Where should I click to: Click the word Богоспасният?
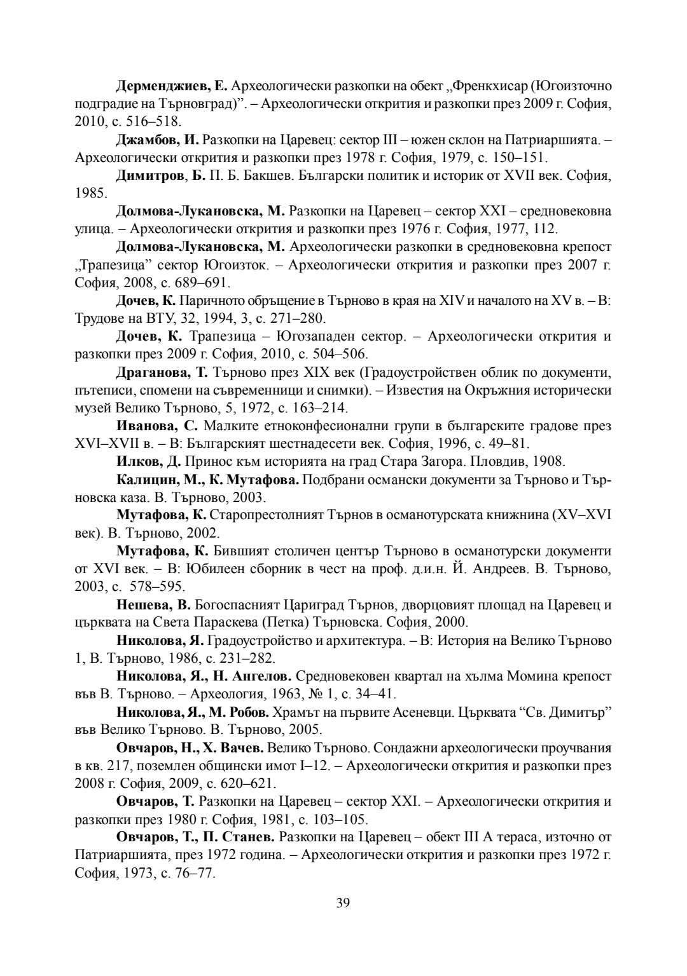click(233, 604)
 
